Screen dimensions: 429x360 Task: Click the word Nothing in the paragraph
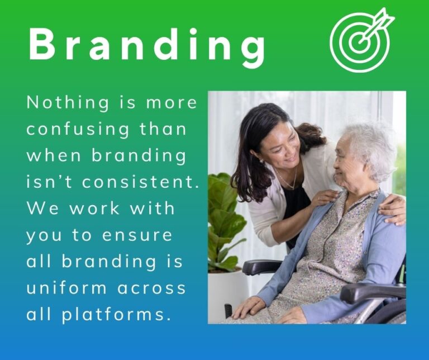pos(68,103)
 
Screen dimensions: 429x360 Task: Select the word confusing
pos(78,130)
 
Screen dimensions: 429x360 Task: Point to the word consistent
pos(140,182)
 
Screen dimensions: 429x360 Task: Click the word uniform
pos(66,288)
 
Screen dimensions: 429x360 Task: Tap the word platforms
pos(114,315)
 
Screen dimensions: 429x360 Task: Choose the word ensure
pos(137,235)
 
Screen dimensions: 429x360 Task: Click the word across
pos(151,288)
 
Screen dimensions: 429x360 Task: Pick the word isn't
pos(49,182)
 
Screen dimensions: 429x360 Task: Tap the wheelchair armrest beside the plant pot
pos(261,267)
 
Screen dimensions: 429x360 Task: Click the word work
pos(94,209)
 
